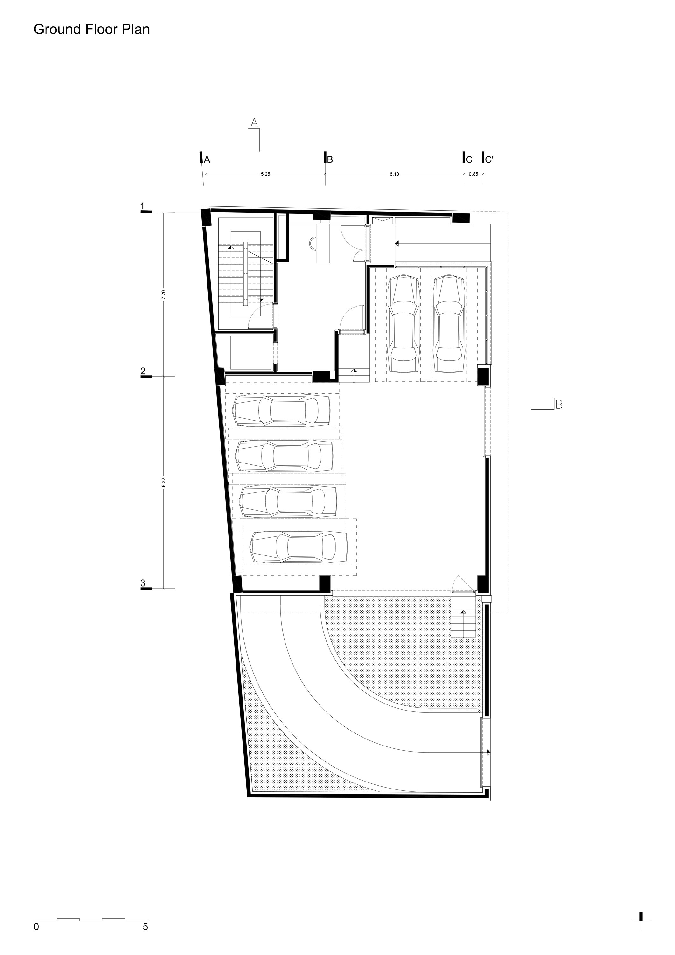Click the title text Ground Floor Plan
pos(92,30)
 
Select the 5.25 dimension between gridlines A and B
pos(265,174)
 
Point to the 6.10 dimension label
pos(394,174)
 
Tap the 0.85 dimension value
pos(473,174)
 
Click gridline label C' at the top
pos(489,159)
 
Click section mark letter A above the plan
pos(255,122)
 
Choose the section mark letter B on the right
pos(559,404)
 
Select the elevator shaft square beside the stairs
pos(244,353)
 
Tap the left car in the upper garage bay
pos(403,324)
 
